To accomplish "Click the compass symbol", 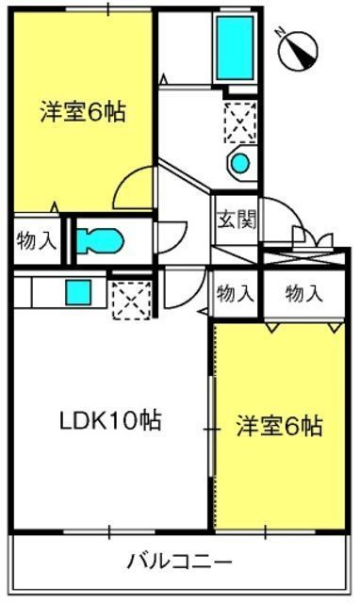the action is click(298, 51).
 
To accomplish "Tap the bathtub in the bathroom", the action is click(235, 47).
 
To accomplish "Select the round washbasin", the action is click(240, 163).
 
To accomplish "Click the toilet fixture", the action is click(100, 241).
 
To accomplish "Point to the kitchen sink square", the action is click(78, 292).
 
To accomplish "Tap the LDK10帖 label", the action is click(110, 421).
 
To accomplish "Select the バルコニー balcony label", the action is click(180, 562).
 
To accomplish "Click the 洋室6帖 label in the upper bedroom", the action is click(83, 111).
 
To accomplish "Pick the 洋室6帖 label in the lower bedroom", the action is click(279, 426).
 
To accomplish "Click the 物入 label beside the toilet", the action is click(37, 241).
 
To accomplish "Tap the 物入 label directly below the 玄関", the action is click(236, 294).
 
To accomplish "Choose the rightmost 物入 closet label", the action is click(303, 294).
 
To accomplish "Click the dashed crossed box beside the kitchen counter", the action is click(132, 301).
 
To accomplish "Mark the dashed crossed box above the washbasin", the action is click(240, 122).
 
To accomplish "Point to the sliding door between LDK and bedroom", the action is click(212, 427).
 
